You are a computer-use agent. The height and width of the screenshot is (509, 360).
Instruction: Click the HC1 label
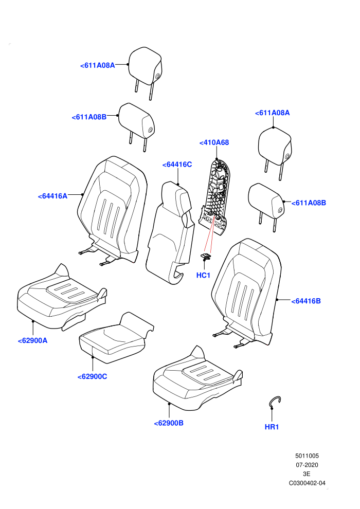203,275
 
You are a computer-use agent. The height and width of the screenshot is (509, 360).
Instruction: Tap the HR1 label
272,427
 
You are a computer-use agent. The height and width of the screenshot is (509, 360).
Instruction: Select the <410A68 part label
214,142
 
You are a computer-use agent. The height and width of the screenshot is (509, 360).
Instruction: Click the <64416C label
177,165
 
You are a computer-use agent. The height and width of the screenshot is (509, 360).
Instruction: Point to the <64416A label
52,196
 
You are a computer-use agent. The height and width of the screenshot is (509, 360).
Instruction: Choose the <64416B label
306,301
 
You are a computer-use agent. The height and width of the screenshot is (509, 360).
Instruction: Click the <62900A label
32,340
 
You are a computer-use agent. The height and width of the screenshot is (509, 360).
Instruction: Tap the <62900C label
92,376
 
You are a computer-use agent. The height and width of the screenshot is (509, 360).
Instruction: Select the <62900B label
169,423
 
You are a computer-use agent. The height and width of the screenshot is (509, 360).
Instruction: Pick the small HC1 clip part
206,257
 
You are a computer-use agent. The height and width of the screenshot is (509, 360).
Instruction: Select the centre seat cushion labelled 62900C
115,339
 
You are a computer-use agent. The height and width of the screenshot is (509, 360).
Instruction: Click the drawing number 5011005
307,456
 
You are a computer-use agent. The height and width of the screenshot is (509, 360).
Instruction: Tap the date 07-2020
307,465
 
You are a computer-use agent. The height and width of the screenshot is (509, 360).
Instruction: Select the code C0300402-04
307,483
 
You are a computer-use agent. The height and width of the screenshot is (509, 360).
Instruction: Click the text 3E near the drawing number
307,474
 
